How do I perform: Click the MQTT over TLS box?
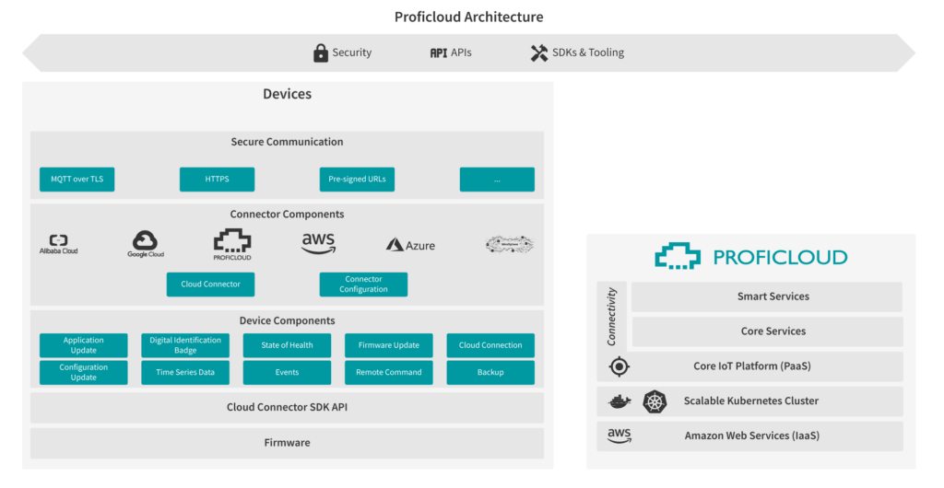coord(77,179)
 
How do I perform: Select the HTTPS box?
coord(217,179)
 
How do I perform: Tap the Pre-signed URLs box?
coord(357,179)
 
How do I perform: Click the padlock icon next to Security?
coord(321,52)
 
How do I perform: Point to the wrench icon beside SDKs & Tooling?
coord(539,52)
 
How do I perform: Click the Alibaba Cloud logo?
coord(58,244)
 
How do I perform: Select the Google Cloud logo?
coord(146,244)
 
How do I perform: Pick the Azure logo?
coord(410,245)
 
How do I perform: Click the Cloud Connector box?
coord(210,284)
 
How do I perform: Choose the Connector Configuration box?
coord(363,284)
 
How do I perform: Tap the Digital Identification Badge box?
coord(185,345)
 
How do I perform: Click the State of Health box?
coord(287,345)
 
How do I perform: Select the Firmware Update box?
coord(388,345)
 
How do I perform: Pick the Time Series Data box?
coord(185,372)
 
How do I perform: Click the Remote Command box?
coord(388,372)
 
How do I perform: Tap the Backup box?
coord(490,372)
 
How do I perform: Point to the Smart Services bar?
coord(766,296)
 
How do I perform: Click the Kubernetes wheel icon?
coord(654,401)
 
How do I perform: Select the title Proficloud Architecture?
coord(468,17)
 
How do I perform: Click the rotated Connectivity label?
coord(611,316)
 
